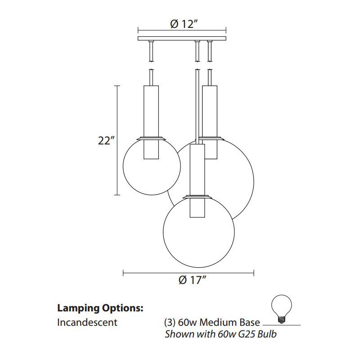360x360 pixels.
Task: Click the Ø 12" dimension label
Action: pyautogui.click(x=182, y=25)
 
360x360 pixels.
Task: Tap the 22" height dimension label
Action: pyautogui.click(x=104, y=141)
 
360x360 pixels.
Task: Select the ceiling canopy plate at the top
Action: pyautogui.click(x=182, y=39)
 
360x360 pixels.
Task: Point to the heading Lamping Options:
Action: pyautogui.click(x=100, y=308)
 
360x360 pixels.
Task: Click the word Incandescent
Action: pyautogui.click(x=87, y=322)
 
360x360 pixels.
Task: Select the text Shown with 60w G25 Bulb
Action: pyautogui.click(x=220, y=334)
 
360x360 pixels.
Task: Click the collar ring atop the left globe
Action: pyautogui.click(x=150, y=136)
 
